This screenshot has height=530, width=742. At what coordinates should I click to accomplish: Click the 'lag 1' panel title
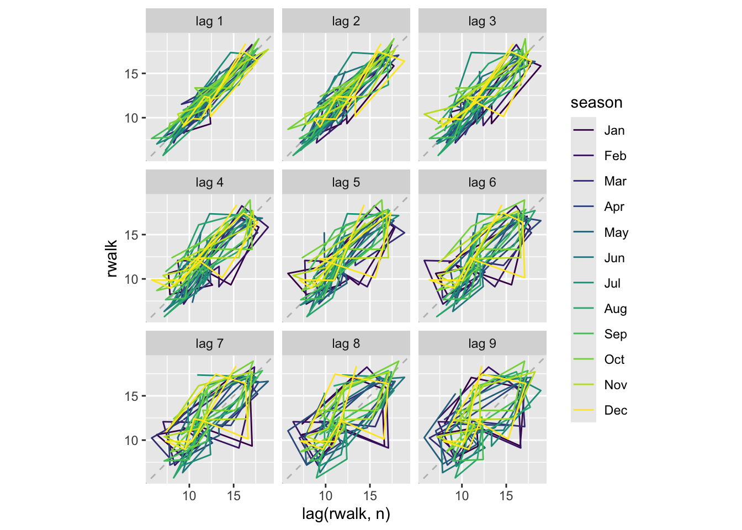pyautogui.click(x=209, y=22)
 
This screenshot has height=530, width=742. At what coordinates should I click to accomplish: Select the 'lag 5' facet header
pyautogui.click(x=346, y=183)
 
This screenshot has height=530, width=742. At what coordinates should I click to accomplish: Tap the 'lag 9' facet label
pyautogui.click(x=482, y=344)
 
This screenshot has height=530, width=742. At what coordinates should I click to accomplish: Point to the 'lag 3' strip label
pyautogui.click(x=482, y=22)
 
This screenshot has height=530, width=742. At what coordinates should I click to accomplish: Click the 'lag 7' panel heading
pyautogui.click(x=209, y=344)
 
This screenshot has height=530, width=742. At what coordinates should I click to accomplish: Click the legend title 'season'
pyautogui.click(x=596, y=103)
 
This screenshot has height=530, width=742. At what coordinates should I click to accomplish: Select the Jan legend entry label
pyautogui.click(x=614, y=131)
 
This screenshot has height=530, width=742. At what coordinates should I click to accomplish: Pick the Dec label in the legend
pyautogui.click(x=615, y=410)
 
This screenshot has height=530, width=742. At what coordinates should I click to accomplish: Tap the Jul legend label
pyautogui.click(x=612, y=283)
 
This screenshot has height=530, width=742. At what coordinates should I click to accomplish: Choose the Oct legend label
pyautogui.click(x=614, y=359)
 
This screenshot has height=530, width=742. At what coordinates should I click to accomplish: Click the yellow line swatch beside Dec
pyautogui.click(x=584, y=410)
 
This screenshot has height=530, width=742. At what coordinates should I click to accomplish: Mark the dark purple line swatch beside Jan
pyautogui.click(x=584, y=131)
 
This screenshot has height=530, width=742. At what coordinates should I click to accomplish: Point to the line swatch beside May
pyautogui.click(x=584, y=232)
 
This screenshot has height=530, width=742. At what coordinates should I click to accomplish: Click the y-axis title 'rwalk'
pyautogui.click(x=112, y=258)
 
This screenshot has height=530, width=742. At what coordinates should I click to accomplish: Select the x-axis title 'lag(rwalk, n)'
pyautogui.click(x=346, y=514)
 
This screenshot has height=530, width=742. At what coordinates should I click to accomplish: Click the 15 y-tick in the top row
pyautogui.click(x=131, y=73)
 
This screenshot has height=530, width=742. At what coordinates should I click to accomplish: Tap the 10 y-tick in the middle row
pyautogui.click(x=131, y=279)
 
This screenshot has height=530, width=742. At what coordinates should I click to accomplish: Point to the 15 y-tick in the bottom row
pyautogui.click(x=131, y=396)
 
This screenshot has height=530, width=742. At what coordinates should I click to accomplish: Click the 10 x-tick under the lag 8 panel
pyautogui.click(x=326, y=496)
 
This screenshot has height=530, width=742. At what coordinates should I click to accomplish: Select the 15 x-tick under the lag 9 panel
pyautogui.click(x=506, y=496)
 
